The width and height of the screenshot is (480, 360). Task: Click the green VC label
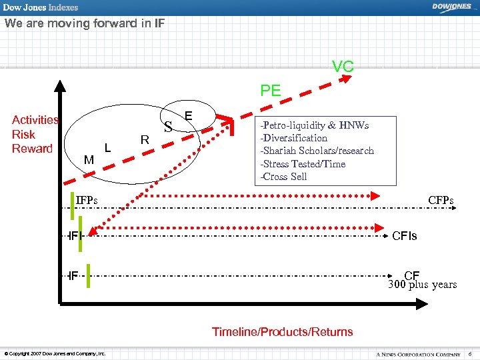click(x=343, y=67)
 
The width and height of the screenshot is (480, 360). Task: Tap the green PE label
click(x=271, y=91)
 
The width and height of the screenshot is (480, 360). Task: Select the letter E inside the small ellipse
click(x=189, y=116)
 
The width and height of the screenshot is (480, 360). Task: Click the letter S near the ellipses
click(x=168, y=126)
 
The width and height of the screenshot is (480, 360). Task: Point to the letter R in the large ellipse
click(x=144, y=139)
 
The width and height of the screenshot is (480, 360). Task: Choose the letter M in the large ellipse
click(x=89, y=160)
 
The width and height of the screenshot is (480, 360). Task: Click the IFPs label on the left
click(x=87, y=199)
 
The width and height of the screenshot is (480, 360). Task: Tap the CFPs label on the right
click(x=441, y=200)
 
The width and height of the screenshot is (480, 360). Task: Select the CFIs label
click(x=405, y=235)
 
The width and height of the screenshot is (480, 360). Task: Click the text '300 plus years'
click(x=423, y=285)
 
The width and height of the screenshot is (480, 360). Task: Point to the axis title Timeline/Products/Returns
click(x=282, y=331)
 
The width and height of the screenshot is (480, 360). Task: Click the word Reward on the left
click(x=32, y=148)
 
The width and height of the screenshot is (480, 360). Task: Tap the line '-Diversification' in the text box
click(x=294, y=138)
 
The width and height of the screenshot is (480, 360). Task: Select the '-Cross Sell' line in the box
click(x=285, y=177)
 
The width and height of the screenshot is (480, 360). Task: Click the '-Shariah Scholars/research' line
click(x=317, y=151)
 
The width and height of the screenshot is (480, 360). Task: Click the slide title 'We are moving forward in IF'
click(x=84, y=24)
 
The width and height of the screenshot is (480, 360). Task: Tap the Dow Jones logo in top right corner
click(x=451, y=7)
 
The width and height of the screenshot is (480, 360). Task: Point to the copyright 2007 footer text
click(x=55, y=353)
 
